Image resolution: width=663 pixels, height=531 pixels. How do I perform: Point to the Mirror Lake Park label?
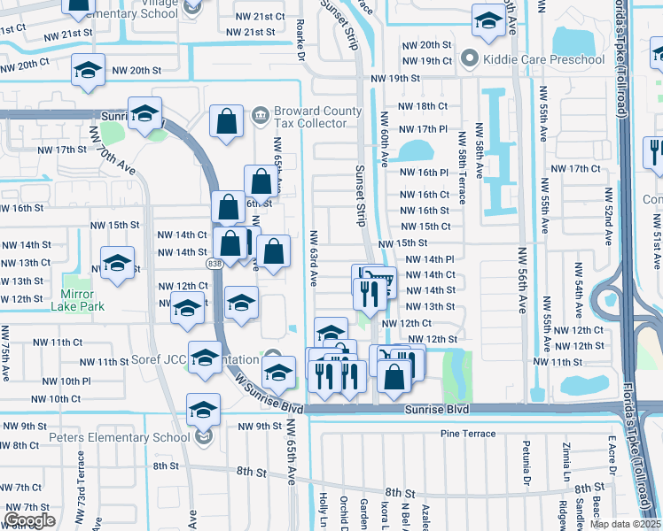tap(82, 300)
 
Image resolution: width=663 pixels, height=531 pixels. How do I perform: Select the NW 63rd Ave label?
tap(314, 258)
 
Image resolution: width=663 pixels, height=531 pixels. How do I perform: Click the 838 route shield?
tap(214, 263)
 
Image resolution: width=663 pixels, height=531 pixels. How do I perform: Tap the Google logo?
tap(29, 520)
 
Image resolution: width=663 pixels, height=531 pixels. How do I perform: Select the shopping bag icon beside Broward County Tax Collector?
tap(227, 121)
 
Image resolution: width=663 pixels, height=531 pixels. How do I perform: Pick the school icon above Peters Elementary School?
tap(203, 408)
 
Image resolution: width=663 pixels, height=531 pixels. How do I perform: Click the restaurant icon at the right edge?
tap(654, 151)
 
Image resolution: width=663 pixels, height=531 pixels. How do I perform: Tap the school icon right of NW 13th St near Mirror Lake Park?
tap(117, 263)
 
